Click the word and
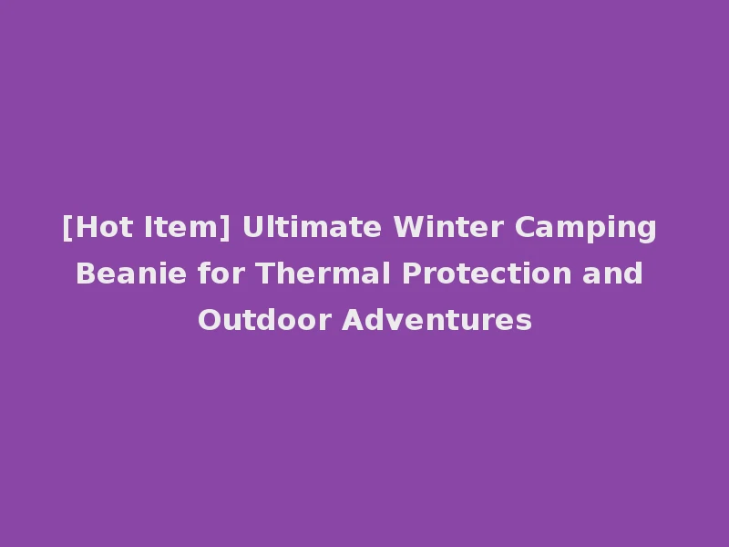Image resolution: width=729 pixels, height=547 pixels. (x=614, y=273)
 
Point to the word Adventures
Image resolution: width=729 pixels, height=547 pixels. (x=436, y=320)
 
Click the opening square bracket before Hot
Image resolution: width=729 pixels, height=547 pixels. (x=67, y=228)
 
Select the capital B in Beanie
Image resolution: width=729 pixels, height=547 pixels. (x=84, y=273)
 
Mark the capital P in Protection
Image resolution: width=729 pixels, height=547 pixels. (x=407, y=273)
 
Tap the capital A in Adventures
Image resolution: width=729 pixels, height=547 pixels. (x=351, y=320)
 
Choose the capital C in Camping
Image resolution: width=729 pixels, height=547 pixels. (x=525, y=227)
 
